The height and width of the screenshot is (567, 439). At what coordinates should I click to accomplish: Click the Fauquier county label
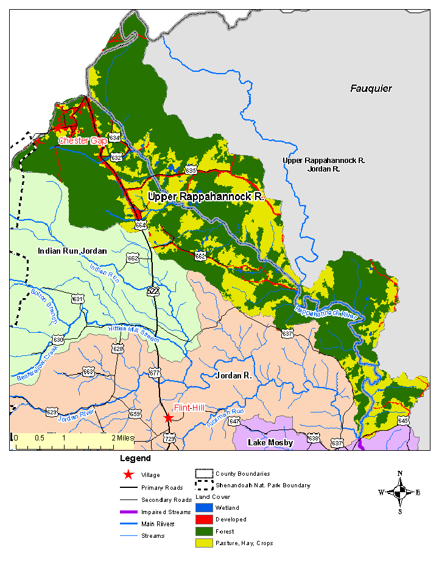click(371, 89)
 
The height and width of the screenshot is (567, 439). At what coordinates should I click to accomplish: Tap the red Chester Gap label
click(82, 141)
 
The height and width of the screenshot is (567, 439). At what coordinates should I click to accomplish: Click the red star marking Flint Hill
click(168, 418)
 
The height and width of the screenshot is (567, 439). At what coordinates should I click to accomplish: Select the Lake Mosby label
click(270, 442)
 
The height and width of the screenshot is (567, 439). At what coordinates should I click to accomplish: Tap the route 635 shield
click(191, 171)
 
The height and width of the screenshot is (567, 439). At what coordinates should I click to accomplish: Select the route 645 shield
click(403, 420)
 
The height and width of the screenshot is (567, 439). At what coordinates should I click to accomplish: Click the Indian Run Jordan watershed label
click(72, 251)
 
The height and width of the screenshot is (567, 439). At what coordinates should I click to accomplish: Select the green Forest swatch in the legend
click(204, 531)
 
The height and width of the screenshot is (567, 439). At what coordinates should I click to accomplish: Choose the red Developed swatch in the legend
click(204, 520)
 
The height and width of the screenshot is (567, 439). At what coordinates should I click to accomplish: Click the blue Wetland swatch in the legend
click(204, 508)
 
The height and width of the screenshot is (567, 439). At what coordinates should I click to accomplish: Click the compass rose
click(400, 492)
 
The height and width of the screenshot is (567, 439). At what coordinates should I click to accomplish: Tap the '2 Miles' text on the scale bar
click(123, 437)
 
